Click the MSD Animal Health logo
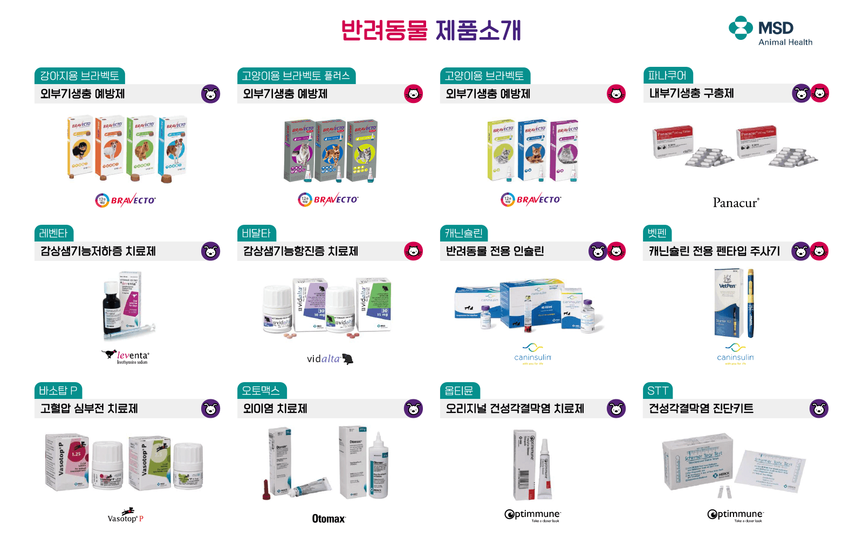[770, 31]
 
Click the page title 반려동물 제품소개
[431, 30]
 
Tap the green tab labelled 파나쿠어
[667, 75]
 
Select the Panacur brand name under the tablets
[736, 203]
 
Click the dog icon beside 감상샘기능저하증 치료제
[210, 251]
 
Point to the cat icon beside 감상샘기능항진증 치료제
[413, 251]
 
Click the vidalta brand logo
[330, 359]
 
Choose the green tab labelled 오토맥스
[261, 390]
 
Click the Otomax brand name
[328, 519]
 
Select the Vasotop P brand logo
[126, 516]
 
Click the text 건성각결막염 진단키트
[701, 409]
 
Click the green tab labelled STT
[657, 390]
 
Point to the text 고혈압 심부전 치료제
[89, 409]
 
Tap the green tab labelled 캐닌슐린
[463, 233]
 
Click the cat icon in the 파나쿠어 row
[819, 93]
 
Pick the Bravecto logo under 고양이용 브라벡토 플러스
[328, 200]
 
